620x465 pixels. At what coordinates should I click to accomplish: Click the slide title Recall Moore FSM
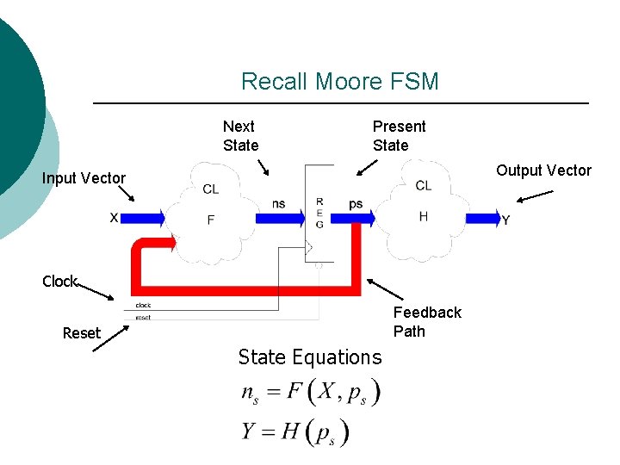[x=339, y=82]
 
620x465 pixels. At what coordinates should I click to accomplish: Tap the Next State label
[x=240, y=136]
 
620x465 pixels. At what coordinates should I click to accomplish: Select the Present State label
[x=399, y=136]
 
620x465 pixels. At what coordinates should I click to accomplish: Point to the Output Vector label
[x=543, y=170]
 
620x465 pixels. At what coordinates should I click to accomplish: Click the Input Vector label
[x=84, y=178]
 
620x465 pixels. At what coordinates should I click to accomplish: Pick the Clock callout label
[x=59, y=282]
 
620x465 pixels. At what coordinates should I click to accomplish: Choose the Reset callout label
[x=81, y=333]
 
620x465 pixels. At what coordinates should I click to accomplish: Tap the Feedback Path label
[x=427, y=322]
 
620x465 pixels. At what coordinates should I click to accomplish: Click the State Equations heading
[x=309, y=357]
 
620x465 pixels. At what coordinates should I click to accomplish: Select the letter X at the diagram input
[x=114, y=219]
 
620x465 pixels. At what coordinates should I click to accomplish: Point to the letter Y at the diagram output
[x=505, y=220]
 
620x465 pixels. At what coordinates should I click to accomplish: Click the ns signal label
[x=279, y=204]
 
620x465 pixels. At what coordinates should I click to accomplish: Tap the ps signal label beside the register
[x=356, y=204]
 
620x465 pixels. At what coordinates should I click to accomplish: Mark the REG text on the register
[x=319, y=213]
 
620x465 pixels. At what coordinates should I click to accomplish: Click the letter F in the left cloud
[x=211, y=220]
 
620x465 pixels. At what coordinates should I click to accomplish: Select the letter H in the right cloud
[x=423, y=217]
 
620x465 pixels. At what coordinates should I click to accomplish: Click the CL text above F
[x=211, y=189]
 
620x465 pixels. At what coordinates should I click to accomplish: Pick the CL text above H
[x=423, y=186]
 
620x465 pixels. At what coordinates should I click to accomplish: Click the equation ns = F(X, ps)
[x=310, y=393]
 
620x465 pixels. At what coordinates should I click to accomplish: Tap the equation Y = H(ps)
[x=295, y=431]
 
